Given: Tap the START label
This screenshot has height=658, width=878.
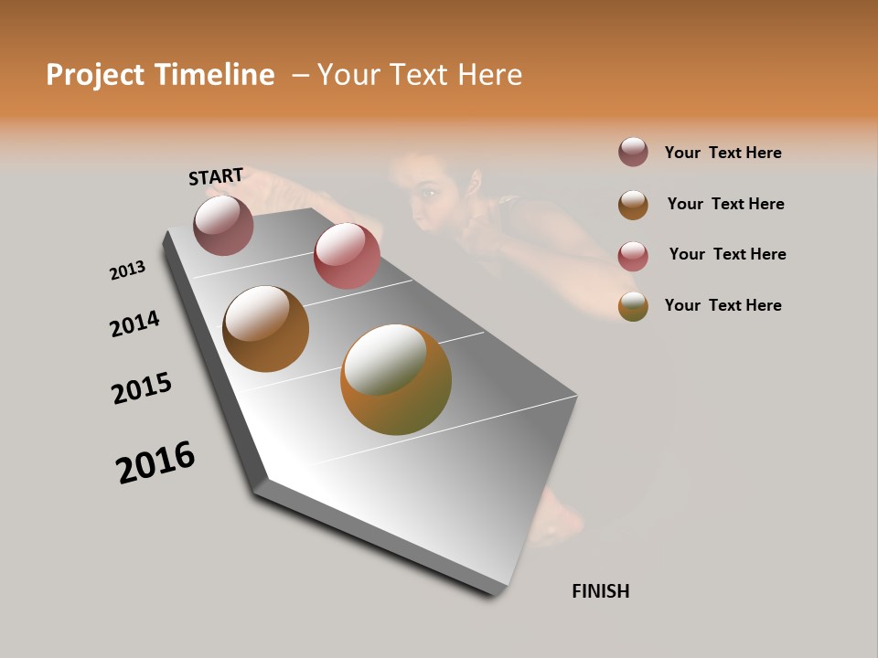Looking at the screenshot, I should (x=216, y=176).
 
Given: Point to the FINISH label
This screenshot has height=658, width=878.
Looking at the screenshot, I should (x=601, y=591).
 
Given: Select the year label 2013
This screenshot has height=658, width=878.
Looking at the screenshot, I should (x=127, y=271).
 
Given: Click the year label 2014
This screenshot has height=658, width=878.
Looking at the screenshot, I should (x=134, y=324).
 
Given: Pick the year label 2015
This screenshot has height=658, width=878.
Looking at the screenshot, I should (x=142, y=388).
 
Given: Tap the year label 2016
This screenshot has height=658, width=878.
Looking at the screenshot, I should (x=155, y=462).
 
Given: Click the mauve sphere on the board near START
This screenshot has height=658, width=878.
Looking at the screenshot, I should (x=223, y=225).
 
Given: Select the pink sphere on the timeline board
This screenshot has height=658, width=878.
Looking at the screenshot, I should (x=347, y=255).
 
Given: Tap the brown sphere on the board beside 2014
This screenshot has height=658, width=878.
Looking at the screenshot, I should (x=265, y=329).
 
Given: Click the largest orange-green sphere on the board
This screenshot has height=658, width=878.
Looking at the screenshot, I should (x=396, y=379).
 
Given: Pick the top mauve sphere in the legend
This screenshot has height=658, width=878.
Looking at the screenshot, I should (x=633, y=153).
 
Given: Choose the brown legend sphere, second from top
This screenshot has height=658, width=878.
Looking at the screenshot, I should (x=633, y=205).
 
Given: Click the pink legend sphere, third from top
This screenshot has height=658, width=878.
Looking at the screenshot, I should (x=633, y=255).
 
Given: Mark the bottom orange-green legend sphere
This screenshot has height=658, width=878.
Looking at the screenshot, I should (x=633, y=306).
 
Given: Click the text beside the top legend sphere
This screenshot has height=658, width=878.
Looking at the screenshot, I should (x=723, y=153).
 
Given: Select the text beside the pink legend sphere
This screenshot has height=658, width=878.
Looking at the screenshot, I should (x=727, y=254).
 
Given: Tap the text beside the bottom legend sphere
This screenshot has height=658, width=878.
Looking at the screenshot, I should (x=723, y=305).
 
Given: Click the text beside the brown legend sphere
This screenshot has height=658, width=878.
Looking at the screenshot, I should (x=725, y=204).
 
